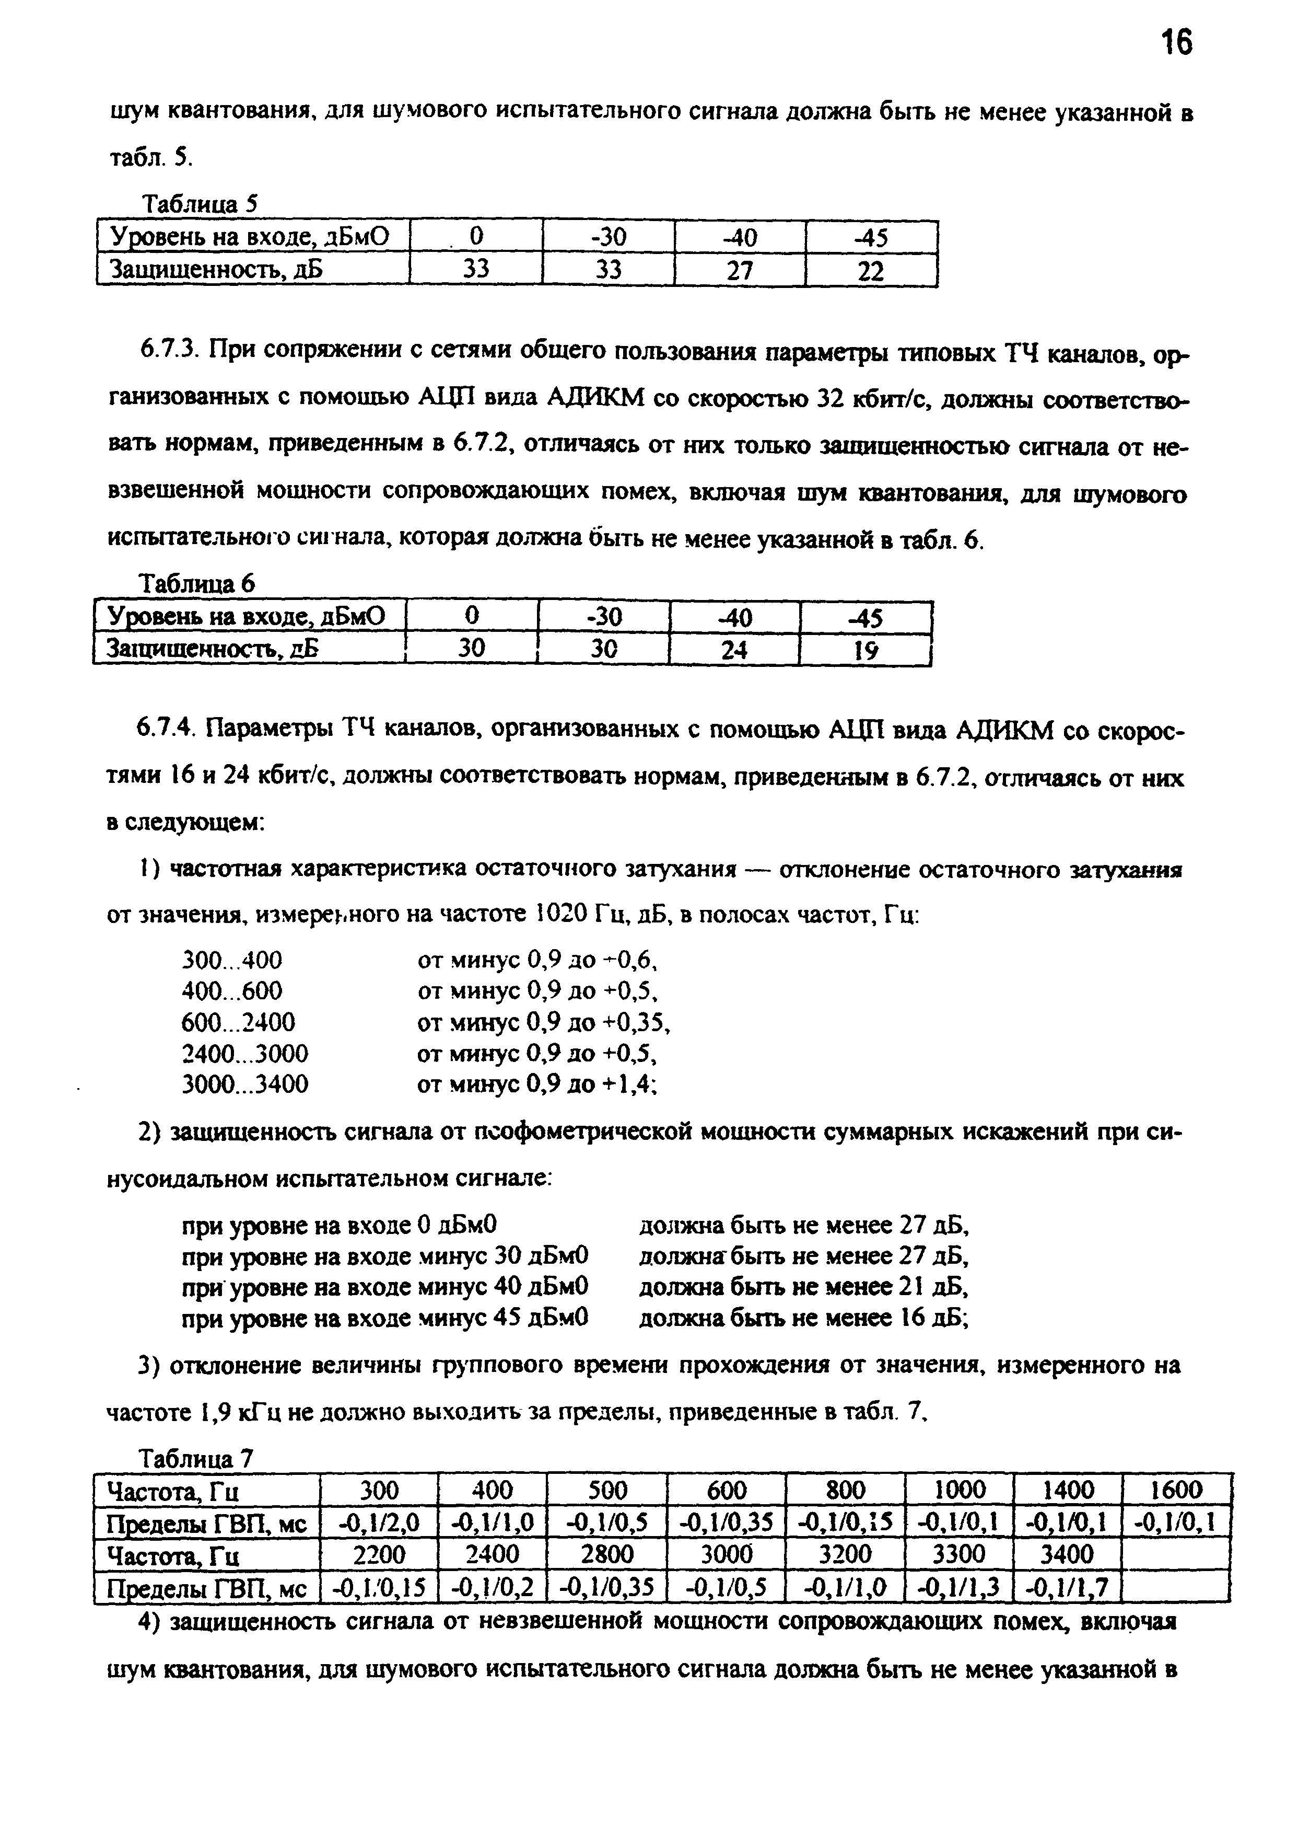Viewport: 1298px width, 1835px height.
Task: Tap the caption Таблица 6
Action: [x=197, y=584]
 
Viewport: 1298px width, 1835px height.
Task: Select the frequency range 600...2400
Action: [x=238, y=1022]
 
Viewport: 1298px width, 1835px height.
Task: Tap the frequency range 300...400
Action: [x=232, y=960]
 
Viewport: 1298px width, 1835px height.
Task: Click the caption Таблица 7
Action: [x=196, y=1459]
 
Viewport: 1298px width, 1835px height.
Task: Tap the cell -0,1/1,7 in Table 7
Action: [x=1067, y=1586]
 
